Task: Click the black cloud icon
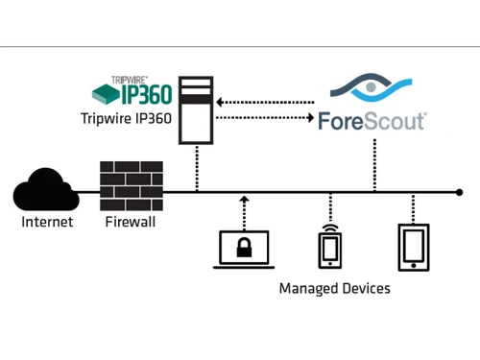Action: coord(45,189)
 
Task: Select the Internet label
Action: coord(46,223)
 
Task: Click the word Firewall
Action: coord(131,223)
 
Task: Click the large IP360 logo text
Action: coord(145,93)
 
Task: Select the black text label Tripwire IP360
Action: coord(128,120)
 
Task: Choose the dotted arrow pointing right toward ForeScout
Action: coord(266,119)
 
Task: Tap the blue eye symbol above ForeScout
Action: coord(373,88)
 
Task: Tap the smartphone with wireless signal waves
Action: coord(329,246)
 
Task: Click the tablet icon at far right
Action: coord(413,247)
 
